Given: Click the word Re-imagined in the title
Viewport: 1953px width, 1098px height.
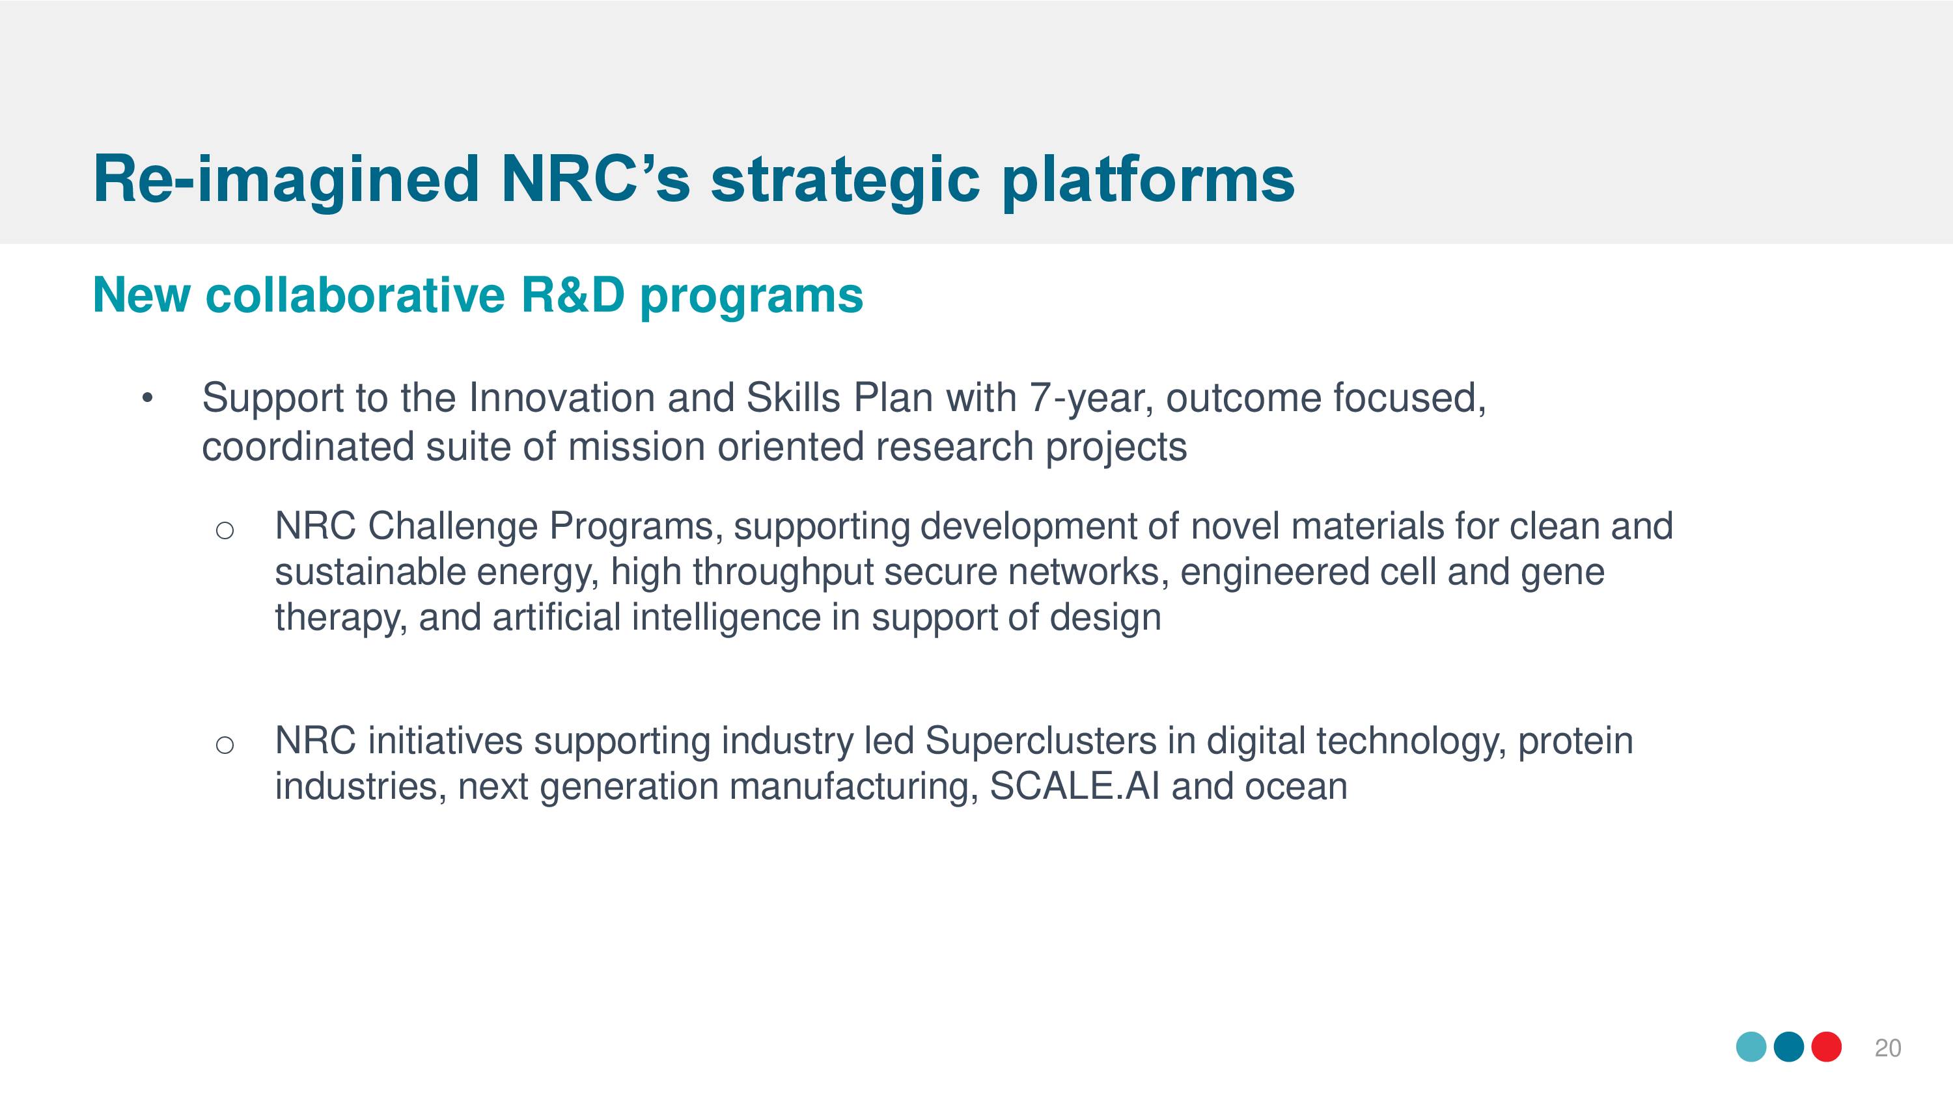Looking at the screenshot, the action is pos(286,181).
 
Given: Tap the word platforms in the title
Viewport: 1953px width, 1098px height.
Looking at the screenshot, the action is pos(1148,181).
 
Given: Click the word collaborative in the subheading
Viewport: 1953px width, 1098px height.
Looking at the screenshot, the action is pos(355,295).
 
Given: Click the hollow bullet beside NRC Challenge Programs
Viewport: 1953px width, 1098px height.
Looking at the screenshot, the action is pos(225,530).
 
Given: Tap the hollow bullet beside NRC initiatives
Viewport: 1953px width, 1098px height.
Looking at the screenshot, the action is pos(225,745).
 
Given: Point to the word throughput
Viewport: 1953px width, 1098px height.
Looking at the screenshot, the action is pos(783,572).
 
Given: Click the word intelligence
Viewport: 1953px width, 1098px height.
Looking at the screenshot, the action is pos(727,617).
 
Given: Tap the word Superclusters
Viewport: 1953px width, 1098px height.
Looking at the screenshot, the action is pos(1041,741).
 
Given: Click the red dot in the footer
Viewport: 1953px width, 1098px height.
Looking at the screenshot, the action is pos(1827,1047).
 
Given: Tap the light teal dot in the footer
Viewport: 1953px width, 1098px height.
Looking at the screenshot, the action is pos(1751,1047).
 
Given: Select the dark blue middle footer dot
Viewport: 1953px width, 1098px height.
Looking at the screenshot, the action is pos(1789,1047).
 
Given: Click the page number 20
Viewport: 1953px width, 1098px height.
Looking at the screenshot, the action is pos(1888,1048).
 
